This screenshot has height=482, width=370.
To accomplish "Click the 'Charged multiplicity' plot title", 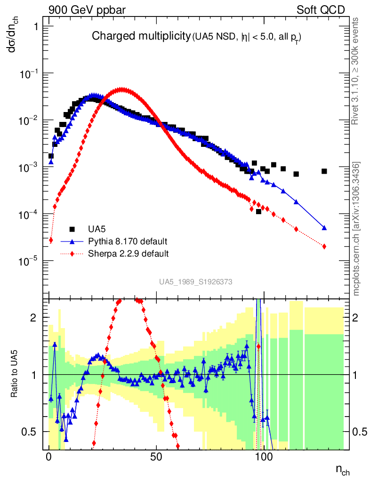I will pyautogui.click(x=141, y=36).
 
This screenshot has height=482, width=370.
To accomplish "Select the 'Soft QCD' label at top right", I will pyautogui.click(x=321, y=10).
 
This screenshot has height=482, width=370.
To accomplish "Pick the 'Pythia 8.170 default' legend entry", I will pyautogui.click(x=127, y=241).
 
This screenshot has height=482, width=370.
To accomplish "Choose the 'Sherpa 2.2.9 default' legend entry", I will pyautogui.click(x=129, y=254).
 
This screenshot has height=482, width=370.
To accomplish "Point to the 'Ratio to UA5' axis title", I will pyautogui.click(x=16, y=375).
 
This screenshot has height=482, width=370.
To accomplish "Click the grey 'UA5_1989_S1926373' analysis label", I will pyautogui.click(x=196, y=281).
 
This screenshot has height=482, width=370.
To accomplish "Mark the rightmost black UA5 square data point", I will pyautogui.click(x=324, y=171).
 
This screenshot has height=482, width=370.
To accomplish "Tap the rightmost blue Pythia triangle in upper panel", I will pyautogui.click(x=324, y=228).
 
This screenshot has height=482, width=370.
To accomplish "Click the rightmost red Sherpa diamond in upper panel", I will pyautogui.click(x=324, y=246).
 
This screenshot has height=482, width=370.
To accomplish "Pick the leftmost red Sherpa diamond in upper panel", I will pyautogui.click(x=51, y=241).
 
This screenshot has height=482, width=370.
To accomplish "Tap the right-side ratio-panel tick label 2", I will pyautogui.click(x=359, y=318).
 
